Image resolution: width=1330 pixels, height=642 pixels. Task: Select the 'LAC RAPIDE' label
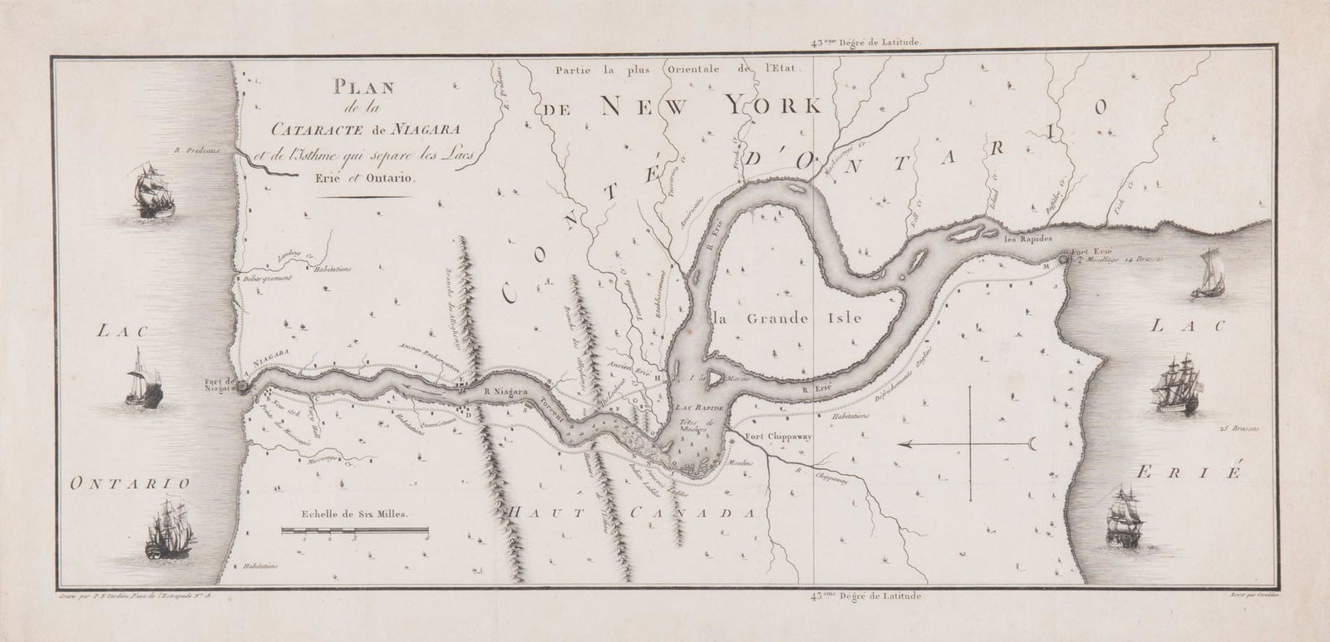[x=702, y=408]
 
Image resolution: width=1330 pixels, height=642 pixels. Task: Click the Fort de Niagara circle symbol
[x=241, y=386]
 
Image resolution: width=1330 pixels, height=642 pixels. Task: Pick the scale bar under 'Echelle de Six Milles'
[x=354, y=529]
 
